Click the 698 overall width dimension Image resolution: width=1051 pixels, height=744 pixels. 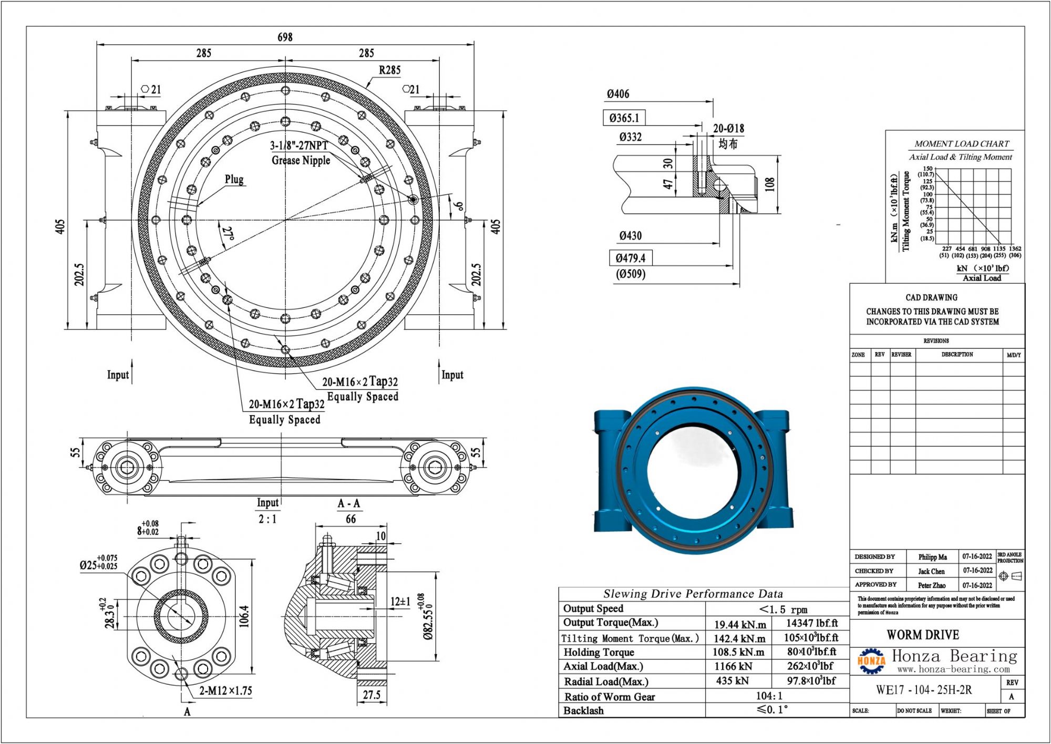[285, 37]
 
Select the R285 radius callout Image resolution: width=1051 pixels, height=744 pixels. [389, 70]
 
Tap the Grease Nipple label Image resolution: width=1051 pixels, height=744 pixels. [301, 160]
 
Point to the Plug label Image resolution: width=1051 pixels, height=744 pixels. [234, 179]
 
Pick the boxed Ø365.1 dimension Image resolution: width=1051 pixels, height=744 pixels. [624, 118]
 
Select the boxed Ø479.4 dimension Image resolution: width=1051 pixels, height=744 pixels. [630, 258]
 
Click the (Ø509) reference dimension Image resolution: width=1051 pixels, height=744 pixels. [630, 274]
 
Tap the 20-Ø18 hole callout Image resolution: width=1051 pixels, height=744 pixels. [728, 129]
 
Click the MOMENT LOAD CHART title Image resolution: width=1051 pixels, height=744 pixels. [961, 143]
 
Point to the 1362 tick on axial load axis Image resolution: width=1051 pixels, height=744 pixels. [1015, 249]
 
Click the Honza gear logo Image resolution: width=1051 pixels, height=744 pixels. [871, 660]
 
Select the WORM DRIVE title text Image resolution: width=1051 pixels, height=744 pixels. [923, 635]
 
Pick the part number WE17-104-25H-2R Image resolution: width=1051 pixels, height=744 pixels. [924, 690]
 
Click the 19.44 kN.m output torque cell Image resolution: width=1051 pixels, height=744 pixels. [740, 625]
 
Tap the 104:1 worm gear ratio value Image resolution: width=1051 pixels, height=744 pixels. [769, 696]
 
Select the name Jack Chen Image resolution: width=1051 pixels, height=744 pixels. [931, 571]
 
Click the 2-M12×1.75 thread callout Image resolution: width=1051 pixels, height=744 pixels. [225, 690]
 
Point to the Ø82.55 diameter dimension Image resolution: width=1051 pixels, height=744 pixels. [428, 617]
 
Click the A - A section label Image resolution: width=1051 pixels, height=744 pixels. [349, 503]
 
